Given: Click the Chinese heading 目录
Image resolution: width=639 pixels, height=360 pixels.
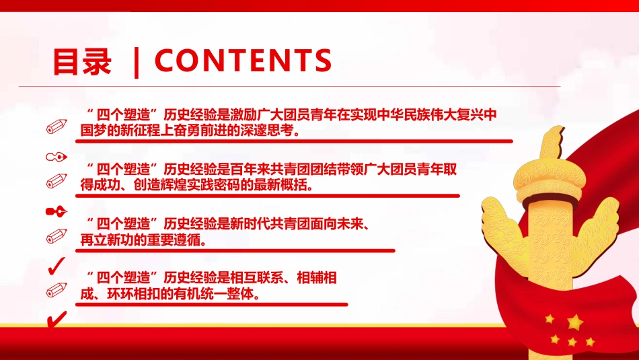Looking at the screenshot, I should click(x=82, y=62).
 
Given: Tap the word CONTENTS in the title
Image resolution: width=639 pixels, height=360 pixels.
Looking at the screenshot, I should click(x=243, y=61).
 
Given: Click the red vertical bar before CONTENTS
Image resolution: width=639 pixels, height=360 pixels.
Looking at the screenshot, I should click(x=137, y=61).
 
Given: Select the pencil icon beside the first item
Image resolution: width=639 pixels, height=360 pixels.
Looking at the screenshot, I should click(x=57, y=126).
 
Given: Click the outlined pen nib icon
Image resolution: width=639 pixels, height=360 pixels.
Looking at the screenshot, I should click(x=56, y=157).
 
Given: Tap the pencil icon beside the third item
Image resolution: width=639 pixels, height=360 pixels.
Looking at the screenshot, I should click(x=57, y=236).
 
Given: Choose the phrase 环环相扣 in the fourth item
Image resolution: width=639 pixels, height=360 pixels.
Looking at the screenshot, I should click(x=129, y=294).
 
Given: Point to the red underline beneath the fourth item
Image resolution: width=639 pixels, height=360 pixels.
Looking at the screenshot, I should click(x=211, y=304).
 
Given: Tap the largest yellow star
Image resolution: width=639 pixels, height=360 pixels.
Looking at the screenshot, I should click(x=574, y=321).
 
